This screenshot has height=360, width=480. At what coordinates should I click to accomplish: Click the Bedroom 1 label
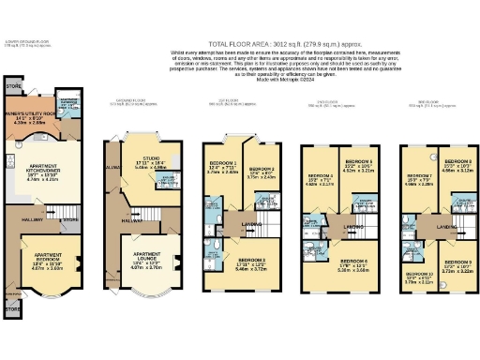223,166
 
